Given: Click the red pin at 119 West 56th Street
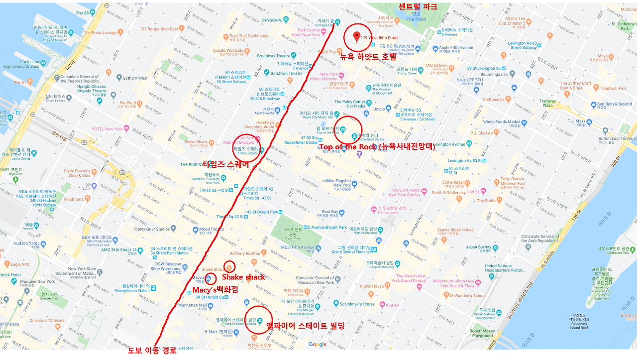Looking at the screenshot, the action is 357,36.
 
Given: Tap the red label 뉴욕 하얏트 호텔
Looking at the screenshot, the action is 368,57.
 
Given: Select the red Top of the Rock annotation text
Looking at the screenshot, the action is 377,147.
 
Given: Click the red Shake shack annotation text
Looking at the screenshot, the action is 243,277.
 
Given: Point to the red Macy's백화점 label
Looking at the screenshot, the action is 215,290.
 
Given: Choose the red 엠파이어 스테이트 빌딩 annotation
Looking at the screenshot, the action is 305,326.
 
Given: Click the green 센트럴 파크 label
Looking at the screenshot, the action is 418,7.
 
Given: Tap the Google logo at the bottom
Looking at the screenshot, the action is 317,345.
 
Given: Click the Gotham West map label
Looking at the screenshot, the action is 135,78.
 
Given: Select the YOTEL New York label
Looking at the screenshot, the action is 107,129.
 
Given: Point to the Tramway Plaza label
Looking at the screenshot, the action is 547,103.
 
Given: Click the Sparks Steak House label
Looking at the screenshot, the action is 455,230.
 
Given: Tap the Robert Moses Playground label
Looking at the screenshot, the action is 482,333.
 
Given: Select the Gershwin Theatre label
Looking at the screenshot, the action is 286,73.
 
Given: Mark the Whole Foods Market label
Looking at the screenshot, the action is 502,121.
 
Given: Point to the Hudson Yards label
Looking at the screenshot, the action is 26,243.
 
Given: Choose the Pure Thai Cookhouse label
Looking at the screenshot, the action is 248,36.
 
